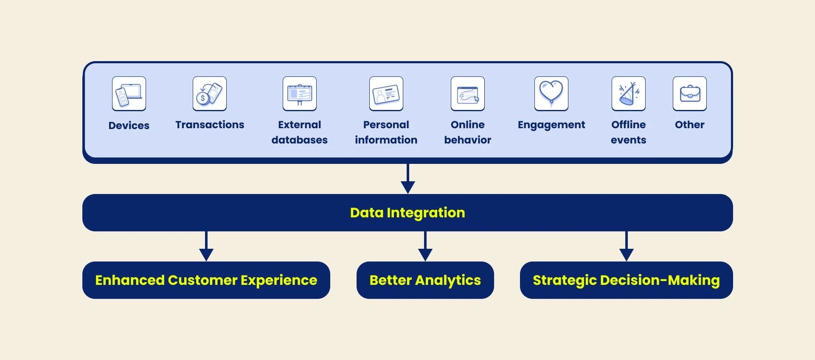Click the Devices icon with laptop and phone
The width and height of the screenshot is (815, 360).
tap(129, 94)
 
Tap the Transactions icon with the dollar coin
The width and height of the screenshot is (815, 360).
tap(210, 94)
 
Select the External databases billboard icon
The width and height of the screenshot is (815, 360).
tap(300, 94)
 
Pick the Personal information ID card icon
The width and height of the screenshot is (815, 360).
tap(386, 94)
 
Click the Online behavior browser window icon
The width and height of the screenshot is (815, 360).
tap(468, 94)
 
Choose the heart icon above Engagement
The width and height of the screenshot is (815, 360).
tap(551, 94)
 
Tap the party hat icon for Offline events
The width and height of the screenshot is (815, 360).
tap(629, 94)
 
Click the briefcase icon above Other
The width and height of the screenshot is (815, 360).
tap(690, 94)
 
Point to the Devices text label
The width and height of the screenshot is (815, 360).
tap(129, 126)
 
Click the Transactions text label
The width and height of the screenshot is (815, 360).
tap(210, 125)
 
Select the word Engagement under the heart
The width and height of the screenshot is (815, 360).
tap(551, 125)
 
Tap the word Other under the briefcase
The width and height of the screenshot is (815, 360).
tap(690, 125)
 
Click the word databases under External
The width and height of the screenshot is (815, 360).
tap(300, 140)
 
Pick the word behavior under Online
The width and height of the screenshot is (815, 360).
tap(468, 140)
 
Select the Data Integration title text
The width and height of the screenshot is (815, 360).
tap(407, 213)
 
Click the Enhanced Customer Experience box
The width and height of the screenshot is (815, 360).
tap(206, 280)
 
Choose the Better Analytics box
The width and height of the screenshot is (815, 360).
tap(425, 280)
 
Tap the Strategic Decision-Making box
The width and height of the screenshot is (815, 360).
tap(627, 280)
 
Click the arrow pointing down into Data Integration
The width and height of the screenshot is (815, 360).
tap(408, 179)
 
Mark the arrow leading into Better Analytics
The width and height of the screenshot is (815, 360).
tap(425, 246)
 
